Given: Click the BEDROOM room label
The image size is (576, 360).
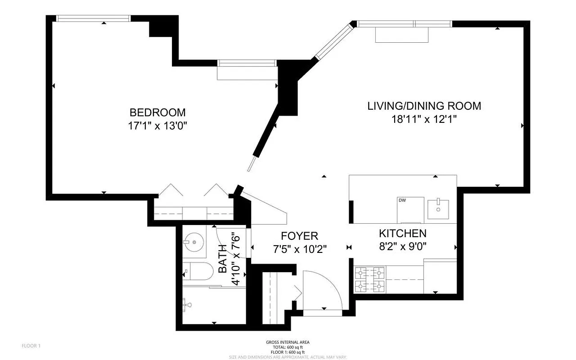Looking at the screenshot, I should click(x=157, y=112).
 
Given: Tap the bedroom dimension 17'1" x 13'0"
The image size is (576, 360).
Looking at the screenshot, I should click(x=157, y=126).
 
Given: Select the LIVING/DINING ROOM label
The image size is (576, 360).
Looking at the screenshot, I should click(x=424, y=106).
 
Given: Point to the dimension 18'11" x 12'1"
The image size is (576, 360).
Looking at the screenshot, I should click(x=424, y=120).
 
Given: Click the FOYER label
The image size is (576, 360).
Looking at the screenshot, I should click(x=299, y=236).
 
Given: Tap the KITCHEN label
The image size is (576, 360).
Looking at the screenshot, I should click(x=402, y=234).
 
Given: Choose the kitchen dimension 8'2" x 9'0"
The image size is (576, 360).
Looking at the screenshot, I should click(x=402, y=247).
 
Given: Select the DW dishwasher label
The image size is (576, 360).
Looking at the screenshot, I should click(x=402, y=200).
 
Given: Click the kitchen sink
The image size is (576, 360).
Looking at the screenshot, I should click(x=438, y=208).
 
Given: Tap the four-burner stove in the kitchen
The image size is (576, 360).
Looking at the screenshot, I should click(x=370, y=279).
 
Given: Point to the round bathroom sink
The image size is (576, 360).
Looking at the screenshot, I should click(x=194, y=243).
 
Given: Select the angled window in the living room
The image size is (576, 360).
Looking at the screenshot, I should click(x=334, y=42).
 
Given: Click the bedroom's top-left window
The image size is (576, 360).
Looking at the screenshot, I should click(x=93, y=18).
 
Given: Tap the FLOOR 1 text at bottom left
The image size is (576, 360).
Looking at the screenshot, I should click(x=31, y=346).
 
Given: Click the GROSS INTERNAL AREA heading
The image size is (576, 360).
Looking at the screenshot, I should click(x=288, y=342).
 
